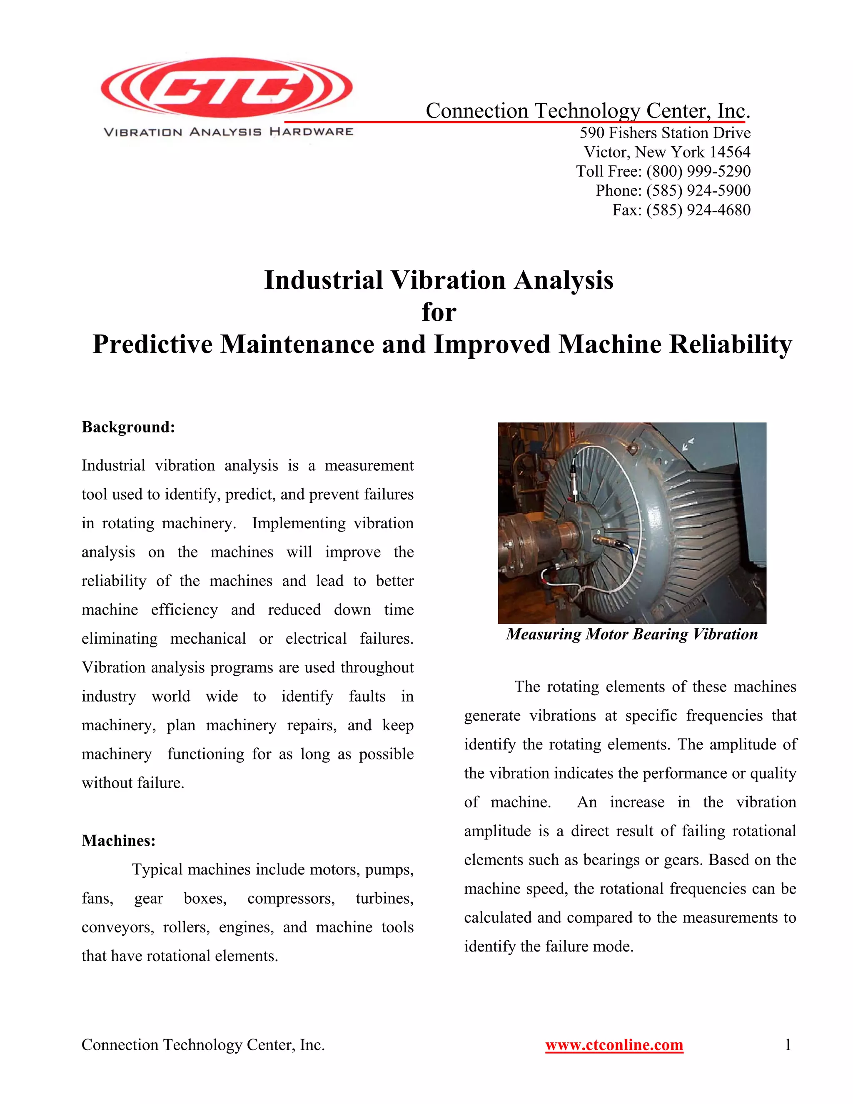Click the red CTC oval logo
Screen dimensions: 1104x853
227,87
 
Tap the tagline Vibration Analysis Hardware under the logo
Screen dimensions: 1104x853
228,132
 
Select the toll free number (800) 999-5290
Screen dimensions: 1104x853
698,171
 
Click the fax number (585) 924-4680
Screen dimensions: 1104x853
698,210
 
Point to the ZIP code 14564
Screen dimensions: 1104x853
730,152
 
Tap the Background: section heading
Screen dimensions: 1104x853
128,427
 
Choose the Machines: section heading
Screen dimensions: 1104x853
119,841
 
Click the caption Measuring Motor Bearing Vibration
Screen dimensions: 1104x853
632,634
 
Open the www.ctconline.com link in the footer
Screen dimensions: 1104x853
614,1045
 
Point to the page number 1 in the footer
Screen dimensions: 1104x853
787,1045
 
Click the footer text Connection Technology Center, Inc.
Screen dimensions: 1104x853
203,1045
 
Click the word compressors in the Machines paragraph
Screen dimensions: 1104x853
291,899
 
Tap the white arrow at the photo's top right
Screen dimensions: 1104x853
688,444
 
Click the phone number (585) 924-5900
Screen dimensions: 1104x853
698,190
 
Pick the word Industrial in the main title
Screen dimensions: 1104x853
323,280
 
